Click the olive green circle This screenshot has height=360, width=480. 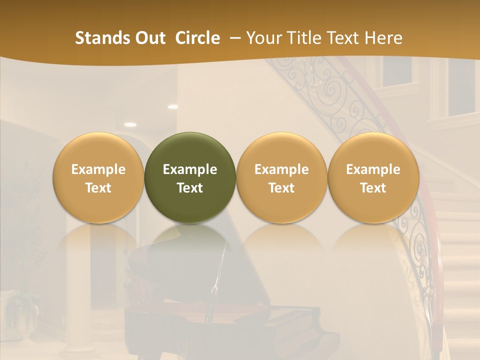click(x=190, y=177)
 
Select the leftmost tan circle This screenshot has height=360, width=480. click(x=98, y=177)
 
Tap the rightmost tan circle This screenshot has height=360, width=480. click(x=373, y=177)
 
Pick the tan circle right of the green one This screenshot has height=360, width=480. click(x=281, y=177)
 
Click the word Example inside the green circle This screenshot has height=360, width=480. click(x=190, y=169)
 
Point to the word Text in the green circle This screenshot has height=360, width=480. click(x=190, y=188)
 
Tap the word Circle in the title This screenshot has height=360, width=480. click(x=197, y=38)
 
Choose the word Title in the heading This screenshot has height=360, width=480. click(x=304, y=38)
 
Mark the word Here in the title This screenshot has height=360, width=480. click(x=383, y=38)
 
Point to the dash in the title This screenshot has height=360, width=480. click(x=235, y=38)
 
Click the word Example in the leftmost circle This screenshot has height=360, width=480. click(x=98, y=169)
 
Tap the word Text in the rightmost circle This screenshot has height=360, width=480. click(x=373, y=188)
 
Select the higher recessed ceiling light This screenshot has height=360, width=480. click(x=172, y=106)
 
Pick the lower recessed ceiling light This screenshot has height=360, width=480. click(x=130, y=124)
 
